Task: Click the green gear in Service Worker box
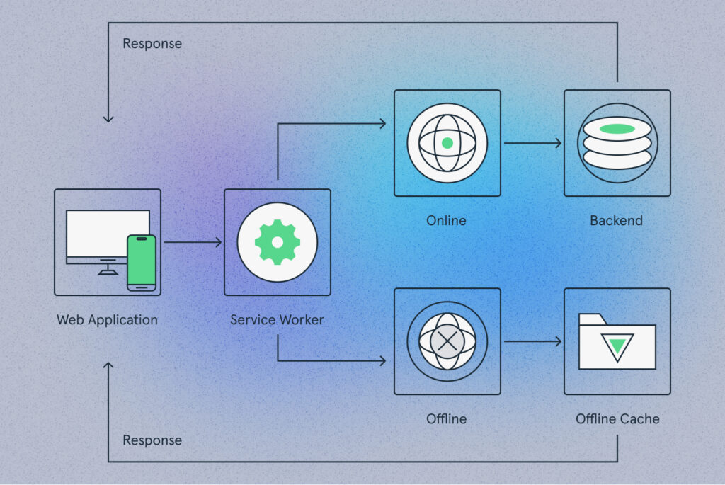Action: coord(278,242)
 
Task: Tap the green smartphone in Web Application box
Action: coord(142,263)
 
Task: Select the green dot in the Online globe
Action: coord(447,143)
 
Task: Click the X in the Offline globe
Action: coord(447,342)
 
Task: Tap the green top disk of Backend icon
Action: coord(617,129)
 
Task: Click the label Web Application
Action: coord(108,320)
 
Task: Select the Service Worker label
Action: coord(277,320)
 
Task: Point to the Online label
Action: coord(446,220)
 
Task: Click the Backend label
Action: coord(617,220)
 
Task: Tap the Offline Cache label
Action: coord(617,419)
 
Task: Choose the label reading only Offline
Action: coord(446,419)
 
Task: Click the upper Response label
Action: coord(152,44)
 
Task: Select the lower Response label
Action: coord(152,440)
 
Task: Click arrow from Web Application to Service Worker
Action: coord(193,242)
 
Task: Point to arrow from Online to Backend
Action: coord(532,143)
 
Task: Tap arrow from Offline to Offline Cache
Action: coord(532,342)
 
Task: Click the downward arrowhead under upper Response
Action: coord(108,119)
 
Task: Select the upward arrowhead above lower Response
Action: coord(108,366)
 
